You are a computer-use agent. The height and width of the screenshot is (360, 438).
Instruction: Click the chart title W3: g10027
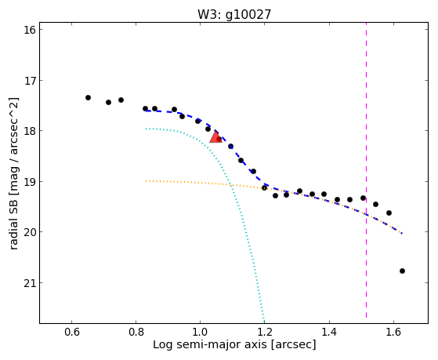click(234, 14)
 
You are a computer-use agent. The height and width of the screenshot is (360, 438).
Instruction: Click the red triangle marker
click(215, 137)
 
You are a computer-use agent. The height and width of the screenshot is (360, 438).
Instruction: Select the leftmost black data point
click(88, 97)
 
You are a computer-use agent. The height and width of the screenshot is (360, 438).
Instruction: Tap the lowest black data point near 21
click(402, 271)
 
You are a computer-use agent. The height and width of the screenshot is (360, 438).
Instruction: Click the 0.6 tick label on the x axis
click(72, 332)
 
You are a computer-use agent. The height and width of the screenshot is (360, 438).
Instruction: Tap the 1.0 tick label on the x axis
click(201, 332)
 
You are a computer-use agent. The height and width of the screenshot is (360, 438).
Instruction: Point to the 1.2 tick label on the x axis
click(265, 332)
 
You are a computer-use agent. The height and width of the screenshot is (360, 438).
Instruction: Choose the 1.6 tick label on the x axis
click(393, 332)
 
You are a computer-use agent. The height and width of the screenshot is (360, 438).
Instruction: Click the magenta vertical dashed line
click(366, 173)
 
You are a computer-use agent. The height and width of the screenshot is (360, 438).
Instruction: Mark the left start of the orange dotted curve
click(146, 181)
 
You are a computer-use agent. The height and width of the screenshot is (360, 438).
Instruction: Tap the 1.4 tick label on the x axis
click(329, 332)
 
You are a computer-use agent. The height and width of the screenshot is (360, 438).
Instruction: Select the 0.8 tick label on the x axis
click(136, 332)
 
